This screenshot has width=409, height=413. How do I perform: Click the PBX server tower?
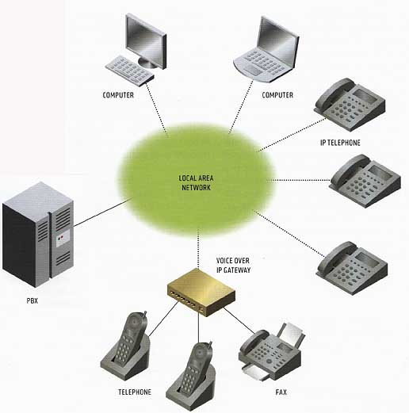pyautogui.click(x=38, y=235)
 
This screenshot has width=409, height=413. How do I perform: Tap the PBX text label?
pyautogui.click(x=32, y=300)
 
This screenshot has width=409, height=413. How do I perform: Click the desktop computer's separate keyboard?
pyautogui.click(x=129, y=70)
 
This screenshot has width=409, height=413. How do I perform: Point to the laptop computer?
pyautogui.click(x=267, y=50)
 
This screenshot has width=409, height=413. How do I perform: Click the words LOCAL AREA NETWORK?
pyautogui.click(x=196, y=183)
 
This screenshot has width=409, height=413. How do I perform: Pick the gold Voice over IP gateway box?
pyautogui.click(x=201, y=292)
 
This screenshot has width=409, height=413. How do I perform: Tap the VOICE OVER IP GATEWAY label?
pyautogui.click(x=233, y=266)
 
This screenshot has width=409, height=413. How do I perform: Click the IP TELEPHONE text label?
pyautogui.click(x=340, y=143)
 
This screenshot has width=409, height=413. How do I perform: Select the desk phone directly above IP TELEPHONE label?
pyautogui.click(x=350, y=104)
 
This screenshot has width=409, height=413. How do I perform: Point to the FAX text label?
pyautogui.click(x=281, y=392)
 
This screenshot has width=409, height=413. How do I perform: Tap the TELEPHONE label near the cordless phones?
pyautogui.click(x=135, y=392)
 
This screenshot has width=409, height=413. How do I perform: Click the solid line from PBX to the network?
pyautogui.click(x=103, y=212)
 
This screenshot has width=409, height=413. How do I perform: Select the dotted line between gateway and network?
pyautogui.click(x=198, y=248)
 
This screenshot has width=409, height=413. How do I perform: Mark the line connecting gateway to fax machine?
pyautogui.click(x=239, y=320)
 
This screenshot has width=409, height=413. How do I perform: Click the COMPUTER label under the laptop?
pyautogui.click(x=277, y=95)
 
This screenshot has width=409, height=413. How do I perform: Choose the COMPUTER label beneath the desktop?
pyautogui.click(x=118, y=95)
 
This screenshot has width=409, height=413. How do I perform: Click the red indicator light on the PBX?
pyautogui.click(x=62, y=237)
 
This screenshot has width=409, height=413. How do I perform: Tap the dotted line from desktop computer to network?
pyautogui.click(x=157, y=109)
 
